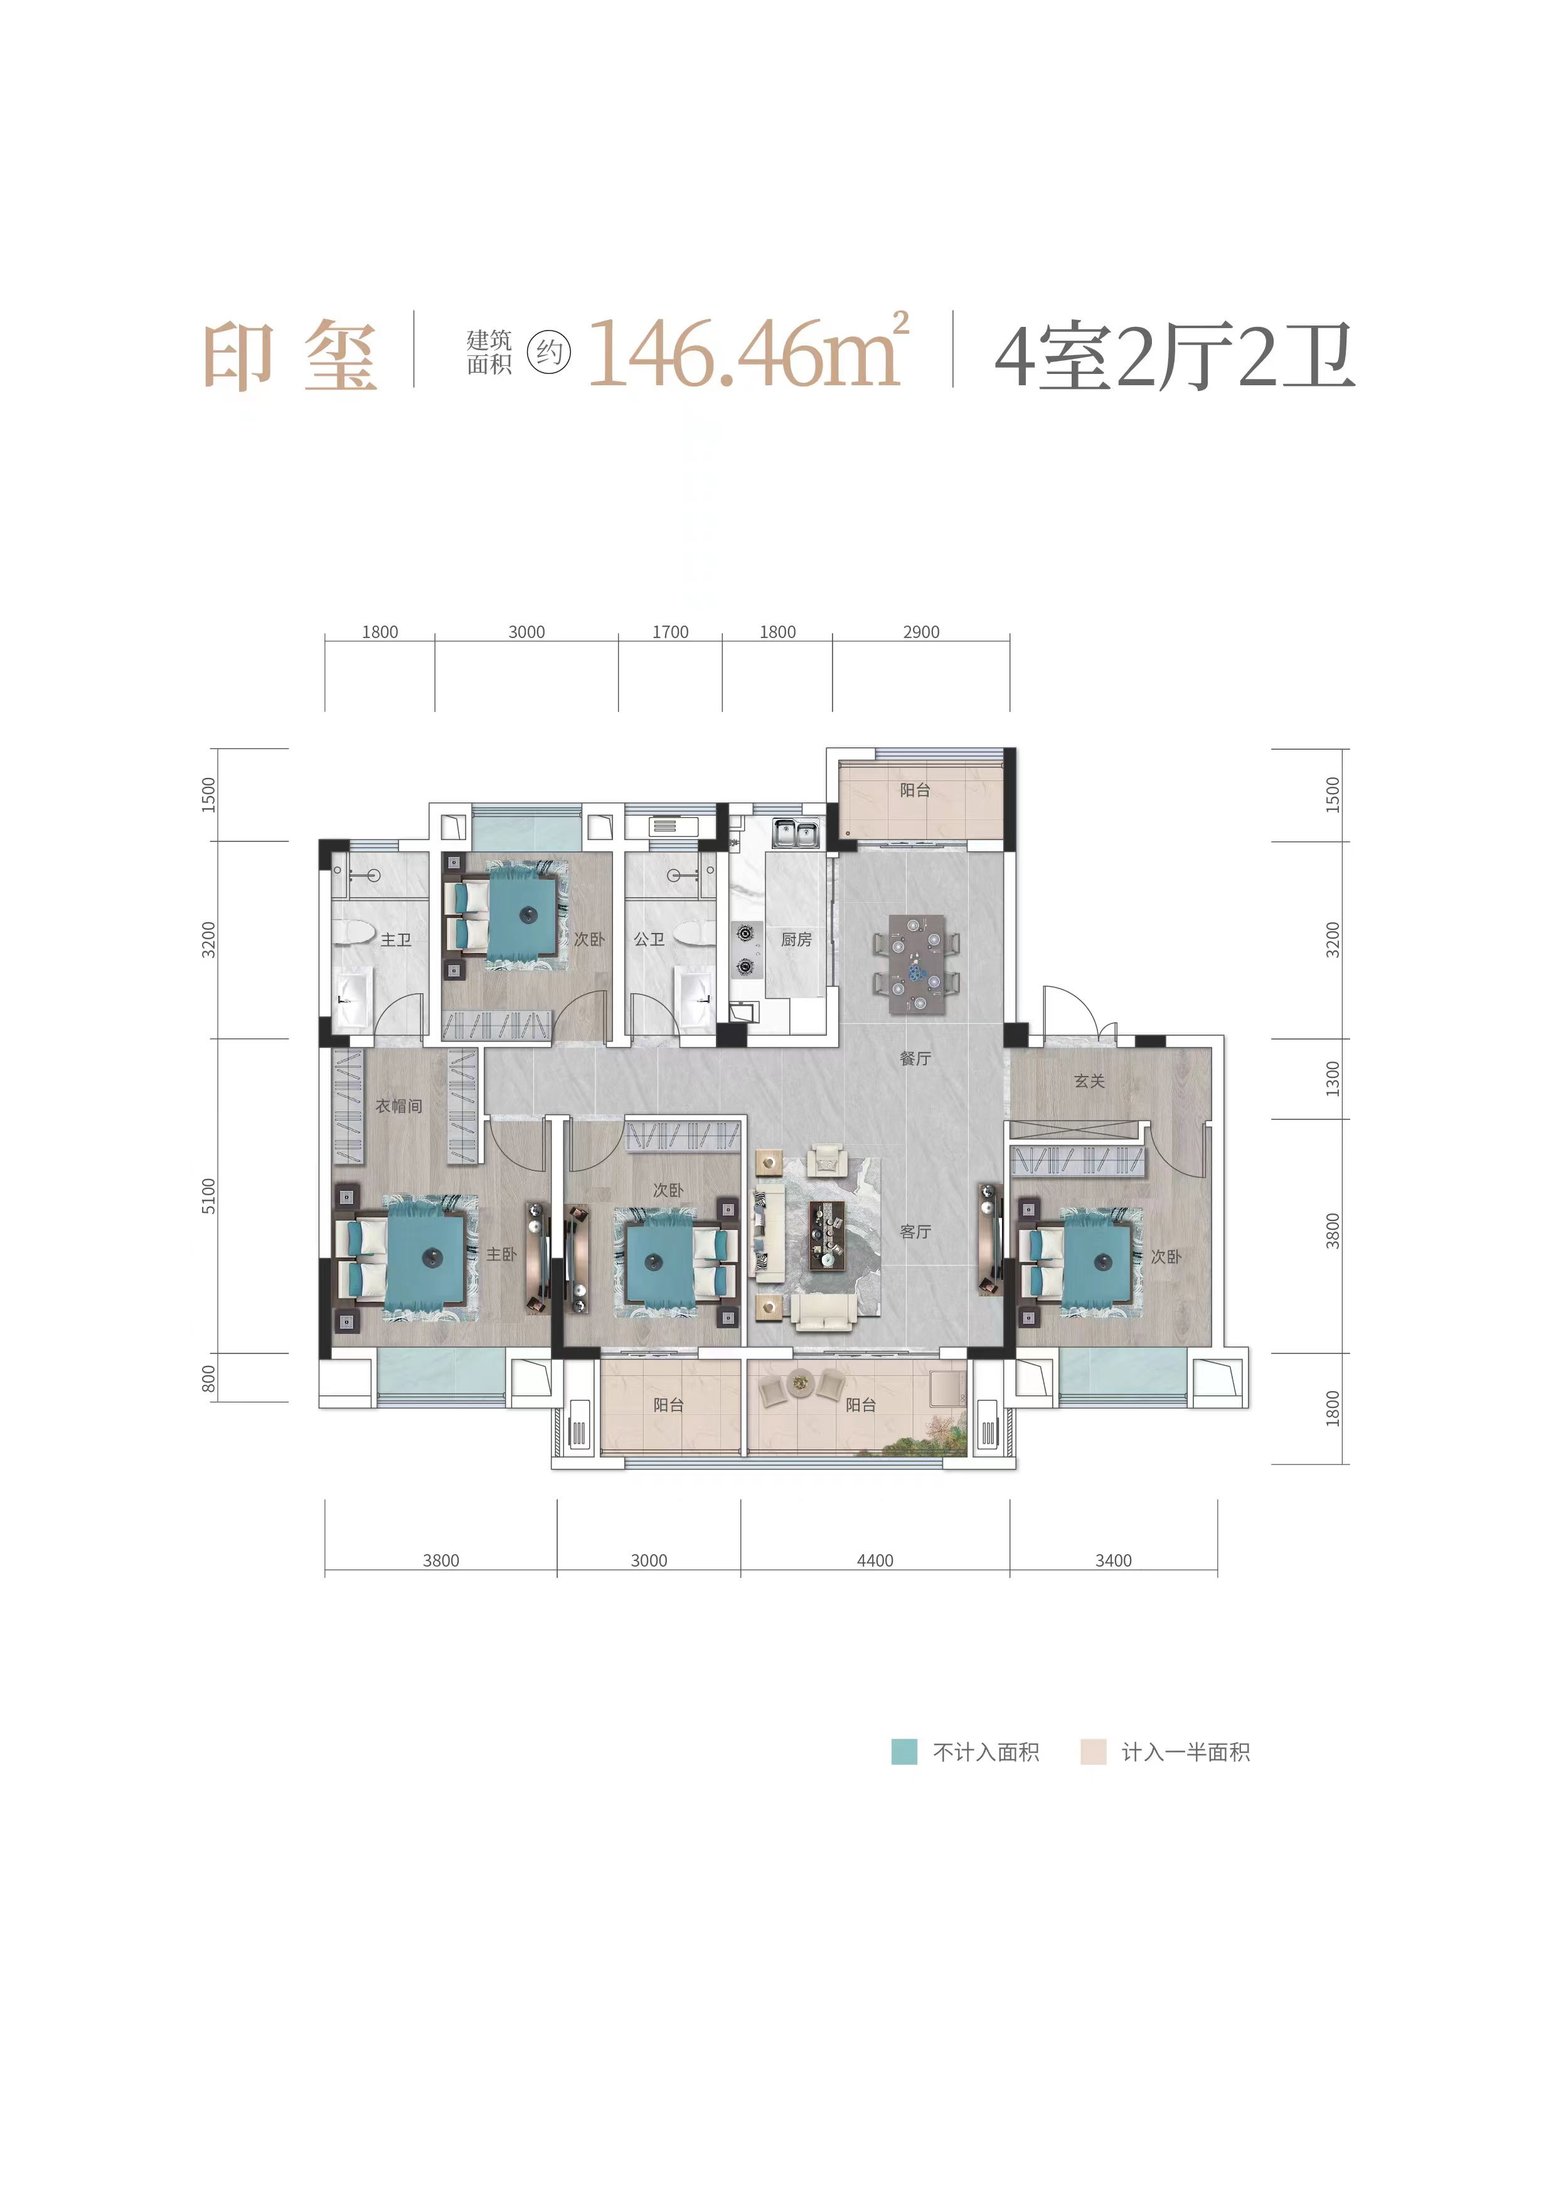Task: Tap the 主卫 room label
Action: click(x=396, y=939)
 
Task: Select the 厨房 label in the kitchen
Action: click(x=796, y=939)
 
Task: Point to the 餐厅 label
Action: click(x=915, y=1058)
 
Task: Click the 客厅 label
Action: click(x=915, y=1231)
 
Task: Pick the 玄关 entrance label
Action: click(x=1089, y=1081)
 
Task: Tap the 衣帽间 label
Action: click(x=399, y=1106)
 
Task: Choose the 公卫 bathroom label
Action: click(x=649, y=939)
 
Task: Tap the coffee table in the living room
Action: click(x=828, y=1235)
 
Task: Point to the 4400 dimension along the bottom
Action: click(x=875, y=1560)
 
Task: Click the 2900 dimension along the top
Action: click(x=920, y=632)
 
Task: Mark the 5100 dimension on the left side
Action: click(x=209, y=1195)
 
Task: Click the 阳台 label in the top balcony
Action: click(x=915, y=790)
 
